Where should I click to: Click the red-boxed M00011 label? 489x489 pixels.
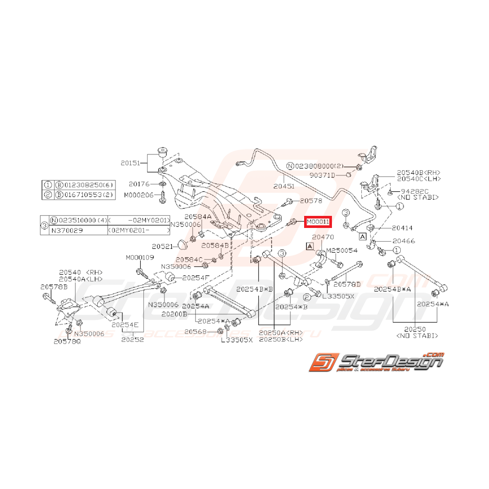[x=317, y=222]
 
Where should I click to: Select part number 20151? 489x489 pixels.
[x=131, y=163]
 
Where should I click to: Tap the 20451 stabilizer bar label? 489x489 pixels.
[x=284, y=185]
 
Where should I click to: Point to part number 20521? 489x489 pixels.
[x=162, y=246]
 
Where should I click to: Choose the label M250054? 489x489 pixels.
[x=342, y=250]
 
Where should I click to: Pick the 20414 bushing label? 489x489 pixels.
[x=402, y=228]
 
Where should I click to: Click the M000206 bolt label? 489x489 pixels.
[x=139, y=195]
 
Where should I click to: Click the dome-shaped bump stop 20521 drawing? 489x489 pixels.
[x=183, y=244]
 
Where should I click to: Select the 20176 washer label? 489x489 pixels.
[x=139, y=184]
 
